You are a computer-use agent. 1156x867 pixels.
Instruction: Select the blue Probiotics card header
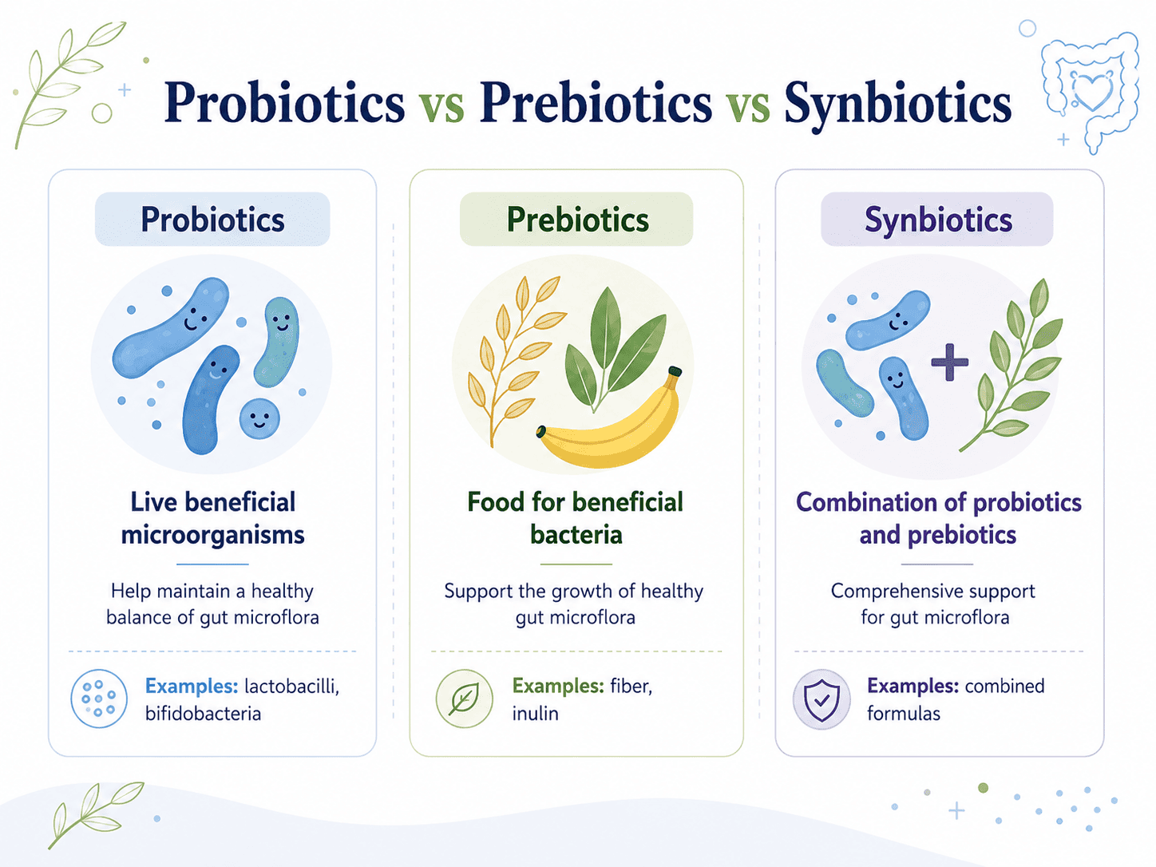212,219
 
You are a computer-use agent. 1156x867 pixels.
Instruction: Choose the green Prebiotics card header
576,219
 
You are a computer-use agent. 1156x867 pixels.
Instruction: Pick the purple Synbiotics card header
937,219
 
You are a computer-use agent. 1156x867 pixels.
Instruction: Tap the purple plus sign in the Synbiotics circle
949,362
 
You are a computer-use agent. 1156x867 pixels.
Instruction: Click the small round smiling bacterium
259,418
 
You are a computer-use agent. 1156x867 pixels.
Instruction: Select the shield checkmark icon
821,699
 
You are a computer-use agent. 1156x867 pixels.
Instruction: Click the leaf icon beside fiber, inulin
464,699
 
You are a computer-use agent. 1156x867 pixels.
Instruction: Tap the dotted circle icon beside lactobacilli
99,699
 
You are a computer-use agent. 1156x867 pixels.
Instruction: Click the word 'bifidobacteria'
204,714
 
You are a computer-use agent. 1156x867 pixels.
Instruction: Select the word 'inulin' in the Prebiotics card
535,714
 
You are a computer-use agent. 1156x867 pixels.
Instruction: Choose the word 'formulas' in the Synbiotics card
904,714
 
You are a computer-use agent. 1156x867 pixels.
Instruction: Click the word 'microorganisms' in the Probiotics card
213,536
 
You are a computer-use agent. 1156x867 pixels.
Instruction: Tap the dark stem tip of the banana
675,372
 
